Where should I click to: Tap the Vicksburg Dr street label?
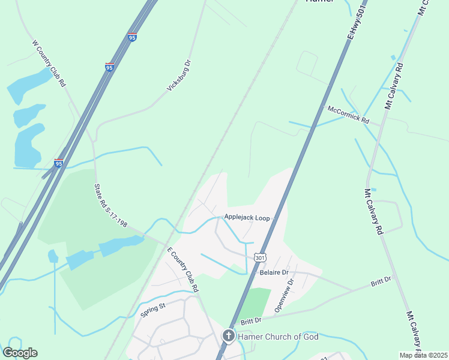click(x=178, y=76)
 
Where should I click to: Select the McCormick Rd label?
click(x=348, y=114)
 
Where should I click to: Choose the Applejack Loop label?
click(x=247, y=218)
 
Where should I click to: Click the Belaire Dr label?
click(x=276, y=272)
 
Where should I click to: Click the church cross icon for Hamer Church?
click(x=229, y=336)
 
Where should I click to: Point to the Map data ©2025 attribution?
click(x=423, y=355)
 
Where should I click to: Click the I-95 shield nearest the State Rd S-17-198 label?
click(x=58, y=163)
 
